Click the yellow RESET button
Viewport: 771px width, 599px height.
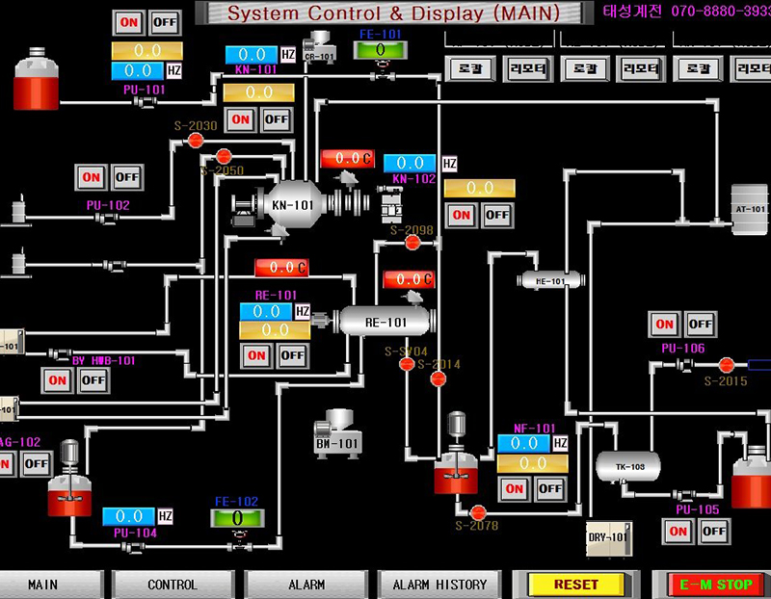click(x=575, y=584)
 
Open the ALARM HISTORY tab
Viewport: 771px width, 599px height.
click(x=439, y=584)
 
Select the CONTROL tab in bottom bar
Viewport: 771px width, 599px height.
click(x=172, y=584)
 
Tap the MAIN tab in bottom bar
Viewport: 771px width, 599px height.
click(x=43, y=584)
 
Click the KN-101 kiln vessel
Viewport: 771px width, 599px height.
click(x=292, y=204)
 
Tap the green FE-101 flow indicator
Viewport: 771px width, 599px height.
click(x=380, y=49)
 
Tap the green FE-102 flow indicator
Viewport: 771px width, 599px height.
click(x=236, y=517)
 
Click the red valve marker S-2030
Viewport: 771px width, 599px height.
click(x=196, y=141)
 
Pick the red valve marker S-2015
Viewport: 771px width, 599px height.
click(x=727, y=364)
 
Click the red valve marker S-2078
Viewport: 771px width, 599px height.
click(x=476, y=511)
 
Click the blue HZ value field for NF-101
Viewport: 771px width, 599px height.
click(x=523, y=443)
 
